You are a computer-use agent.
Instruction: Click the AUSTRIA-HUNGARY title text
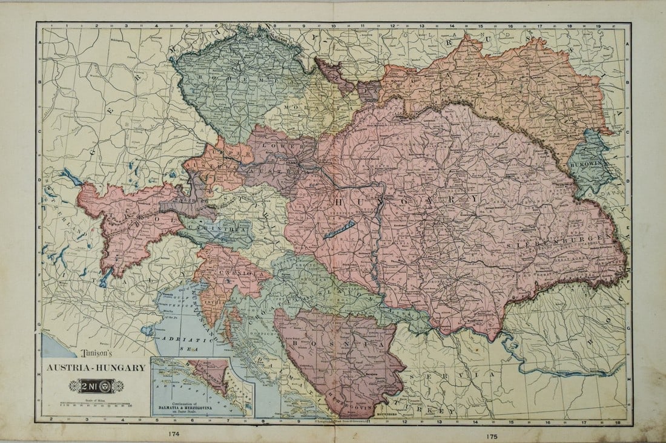coord(94,367)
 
